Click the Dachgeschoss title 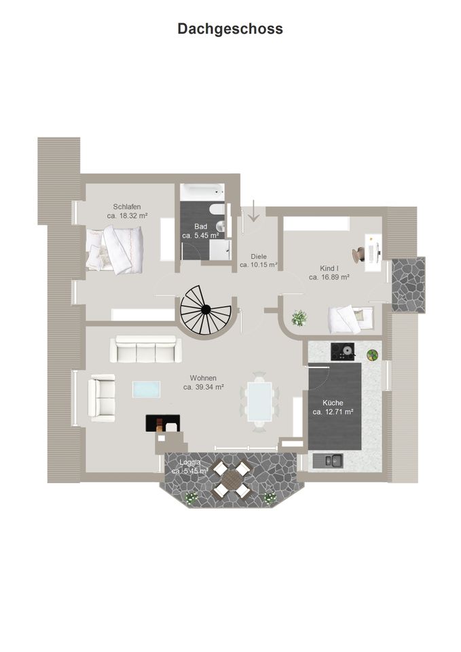pyautogui.click(x=230, y=29)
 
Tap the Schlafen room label pyautogui.click(x=127, y=206)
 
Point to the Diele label pyautogui.click(x=259, y=257)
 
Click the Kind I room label pyautogui.click(x=329, y=268)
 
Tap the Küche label pyautogui.click(x=333, y=403)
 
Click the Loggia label pyautogui.click(x=190, y=463)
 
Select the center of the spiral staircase pyautogui.click(x=205, y=309)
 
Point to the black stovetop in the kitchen pyautogui.click(x=343, y=351)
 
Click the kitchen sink pyautogui.click(x=328, y=460)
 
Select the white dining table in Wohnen pyautogui.click(x=259, y=401)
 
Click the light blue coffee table pyautogui.click(x=147, y=390)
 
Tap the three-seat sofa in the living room pyautogui.click(x=145, y=349)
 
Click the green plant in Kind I pyautogui.click(x=299, y=318)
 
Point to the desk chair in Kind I pyautogui.click(x=358, y=254)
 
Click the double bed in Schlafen pyautogui.click(x=115, y=251)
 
